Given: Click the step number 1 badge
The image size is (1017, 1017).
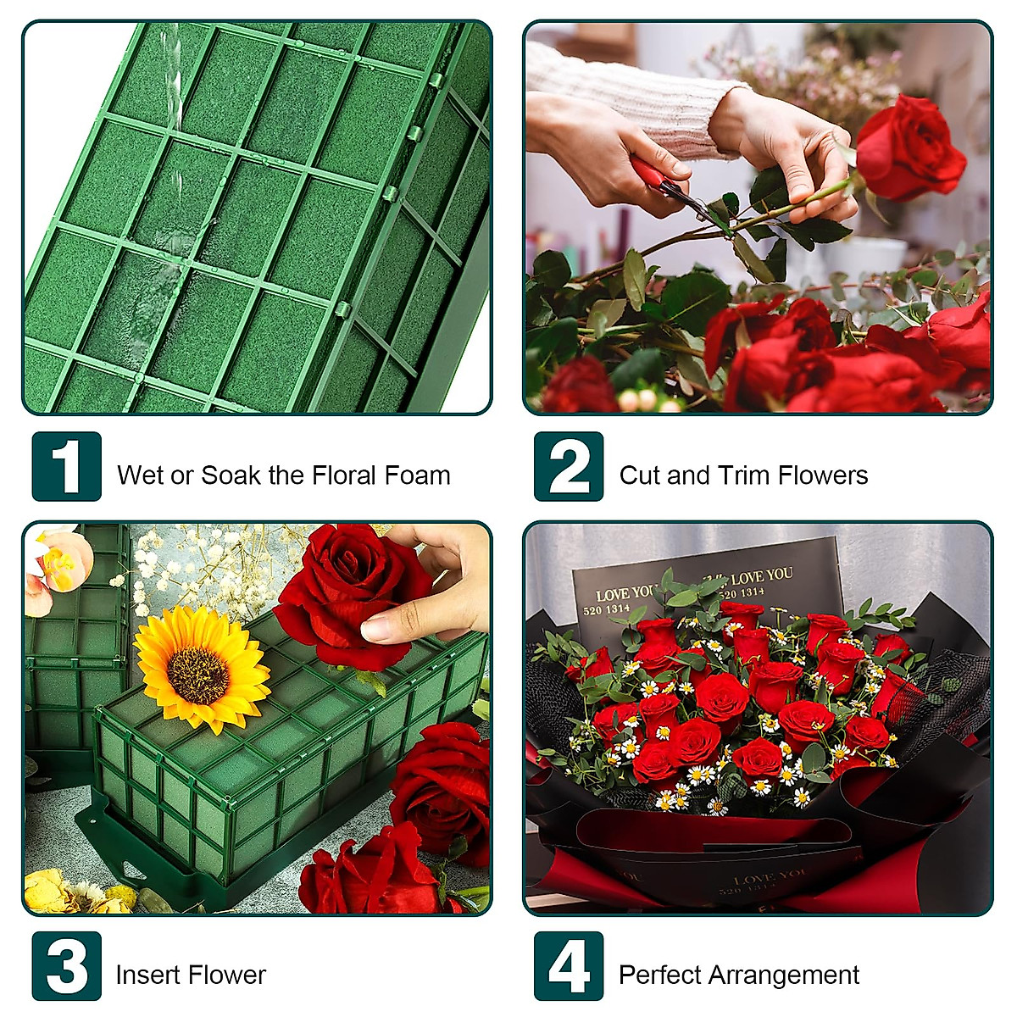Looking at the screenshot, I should coord(66,466).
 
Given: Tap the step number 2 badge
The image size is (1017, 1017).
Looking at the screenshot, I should coord(569,466).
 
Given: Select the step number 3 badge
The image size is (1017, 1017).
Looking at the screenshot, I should coord(66,966).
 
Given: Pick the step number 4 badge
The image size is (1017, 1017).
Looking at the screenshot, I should coord(569,966).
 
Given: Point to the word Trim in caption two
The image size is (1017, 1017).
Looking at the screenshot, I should coord(743,475).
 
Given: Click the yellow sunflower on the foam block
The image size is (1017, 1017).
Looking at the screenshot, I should coord(202,670).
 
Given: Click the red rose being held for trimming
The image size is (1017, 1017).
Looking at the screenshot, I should coord(909,148).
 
